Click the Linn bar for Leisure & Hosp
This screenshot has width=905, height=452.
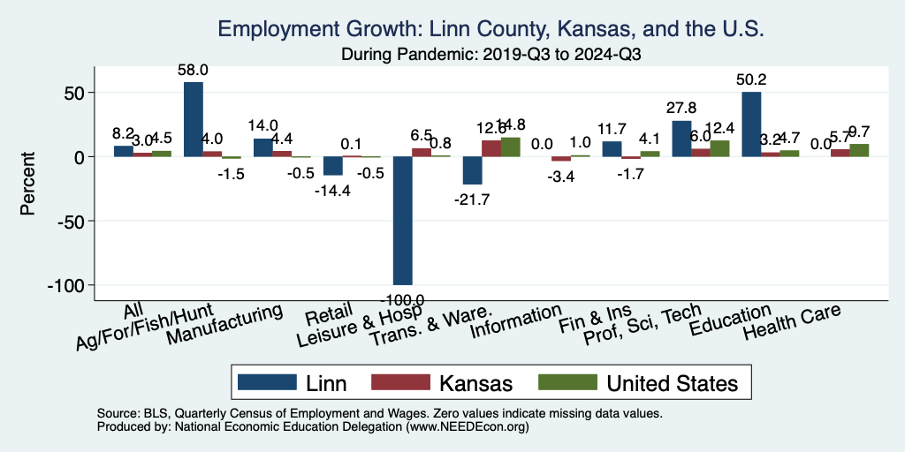pos(403,221)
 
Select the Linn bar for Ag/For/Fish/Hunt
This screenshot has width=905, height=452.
pos(194,119)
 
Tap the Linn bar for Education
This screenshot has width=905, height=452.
pos(751,124)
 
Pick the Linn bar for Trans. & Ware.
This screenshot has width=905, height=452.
pos(472,170)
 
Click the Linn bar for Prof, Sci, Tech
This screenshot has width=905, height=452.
pos(681,139)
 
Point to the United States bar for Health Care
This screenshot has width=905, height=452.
pos(859,150)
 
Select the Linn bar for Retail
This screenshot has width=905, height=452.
pos(332,166)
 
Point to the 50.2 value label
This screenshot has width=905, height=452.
pos(751,80)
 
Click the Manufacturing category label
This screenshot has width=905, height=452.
pos(226,324)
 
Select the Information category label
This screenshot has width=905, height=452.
pos(515,322)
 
